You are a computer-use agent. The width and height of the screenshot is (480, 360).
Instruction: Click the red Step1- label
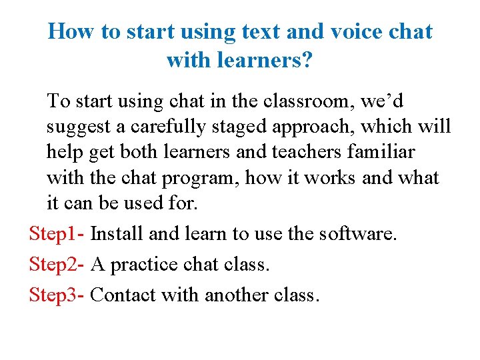point(57,235)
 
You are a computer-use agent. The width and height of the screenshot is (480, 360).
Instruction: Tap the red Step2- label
point(57,265)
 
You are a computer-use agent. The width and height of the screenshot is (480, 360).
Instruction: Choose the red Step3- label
point(57,295)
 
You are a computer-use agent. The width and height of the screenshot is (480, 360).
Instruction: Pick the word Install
point(117,235)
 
